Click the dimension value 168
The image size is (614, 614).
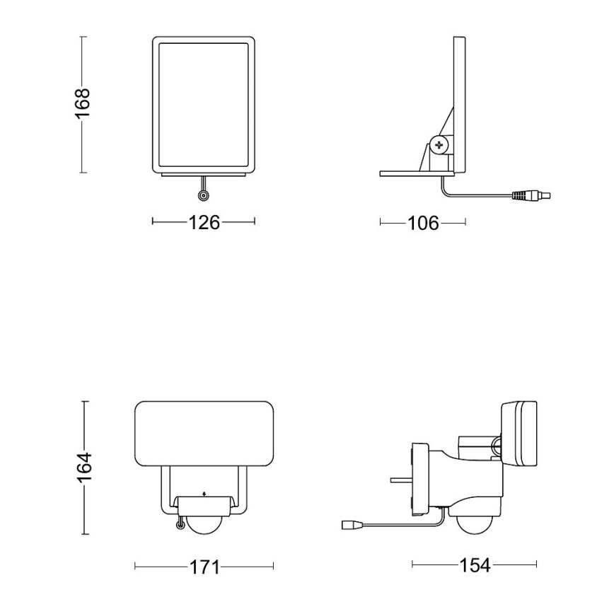click(x=83, y=103)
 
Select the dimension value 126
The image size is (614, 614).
click(x=204, y=222)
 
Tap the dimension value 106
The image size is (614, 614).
click(x=424, y=223)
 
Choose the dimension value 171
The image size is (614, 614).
click(x=204, y=567)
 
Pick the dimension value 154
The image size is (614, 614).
click(x=475, y=565)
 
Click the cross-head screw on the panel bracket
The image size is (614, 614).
click(x=440, y=146)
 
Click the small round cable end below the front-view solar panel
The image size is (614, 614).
click(x=203, y=196)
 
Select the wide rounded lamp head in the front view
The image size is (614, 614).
click(x=204, y=434)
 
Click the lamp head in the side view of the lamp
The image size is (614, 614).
click(x=520, y=434)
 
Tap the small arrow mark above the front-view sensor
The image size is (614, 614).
click(x=204, y=494)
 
